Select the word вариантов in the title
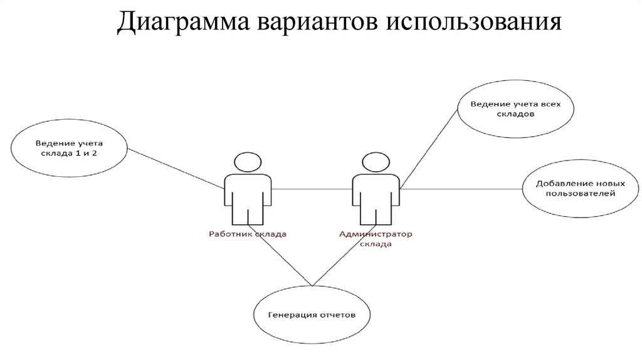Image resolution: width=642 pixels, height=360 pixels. pyautogui.click(x=314, y=23)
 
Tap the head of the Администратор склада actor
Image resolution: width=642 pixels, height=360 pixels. pyautogui.click(x=376, y=162)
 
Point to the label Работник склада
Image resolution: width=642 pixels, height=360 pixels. pyautogui.click(x=247, y=234)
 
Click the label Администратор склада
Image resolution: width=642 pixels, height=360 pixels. pyautogui.click(x=376, y=239)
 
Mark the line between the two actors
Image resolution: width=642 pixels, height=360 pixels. pyautogui.click(x=311, y=189)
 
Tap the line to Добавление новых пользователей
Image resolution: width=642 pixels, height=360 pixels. pyautogui.click(x=461, y=189)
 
